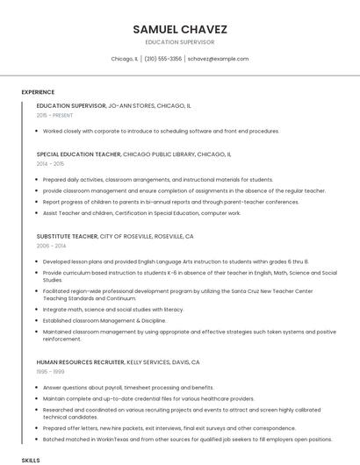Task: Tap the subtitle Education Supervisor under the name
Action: [x=179, y=41]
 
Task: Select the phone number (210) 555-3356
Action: [x=162, y=59]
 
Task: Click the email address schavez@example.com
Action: [x=218, y=59]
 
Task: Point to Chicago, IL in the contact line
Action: [x=125, y=59]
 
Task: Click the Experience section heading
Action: [x=38, y=92]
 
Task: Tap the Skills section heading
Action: [x=31, y=460]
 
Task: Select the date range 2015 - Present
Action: [x=54, y=115]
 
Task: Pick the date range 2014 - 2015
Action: [x=50, y=164]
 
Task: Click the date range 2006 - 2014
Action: [x=50, y=247]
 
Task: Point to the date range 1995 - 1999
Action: [x=50, y=372]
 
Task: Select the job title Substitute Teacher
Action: [x=67, y=237]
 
